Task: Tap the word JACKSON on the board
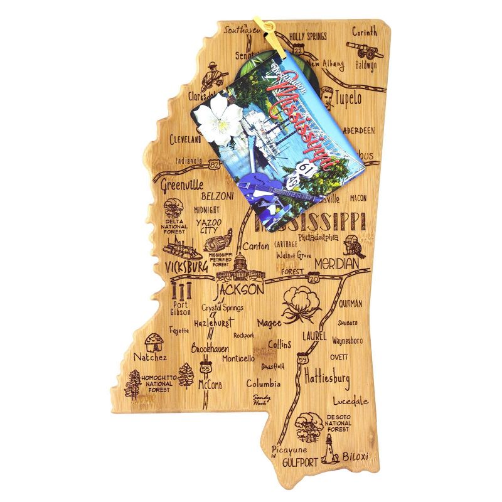point(239,291)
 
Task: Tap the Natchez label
point(149,357)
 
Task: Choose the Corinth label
point(365,31)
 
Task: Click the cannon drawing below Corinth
point(363,51)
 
